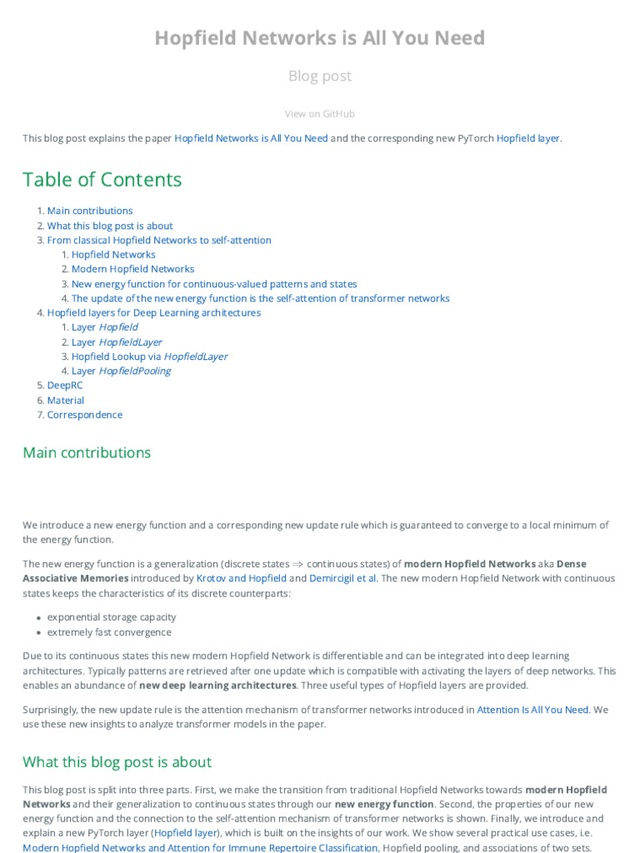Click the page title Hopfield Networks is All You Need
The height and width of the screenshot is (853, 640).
[319, 37]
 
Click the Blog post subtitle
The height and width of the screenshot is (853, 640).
[319, 76]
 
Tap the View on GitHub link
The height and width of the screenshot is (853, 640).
[319, 114]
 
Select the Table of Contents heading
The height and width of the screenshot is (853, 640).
[102, 179]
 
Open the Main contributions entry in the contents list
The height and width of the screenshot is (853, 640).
[89, 211]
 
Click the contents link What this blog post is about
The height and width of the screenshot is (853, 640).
[110, 226]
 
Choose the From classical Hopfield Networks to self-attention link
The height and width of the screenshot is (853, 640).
[158, 240]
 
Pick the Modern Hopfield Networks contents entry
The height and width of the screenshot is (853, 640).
[132, 269]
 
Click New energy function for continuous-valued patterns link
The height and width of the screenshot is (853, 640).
[214, 284]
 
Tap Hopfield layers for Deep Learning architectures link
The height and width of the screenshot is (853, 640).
[153, 313]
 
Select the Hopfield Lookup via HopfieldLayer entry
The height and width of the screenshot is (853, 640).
[149, 357]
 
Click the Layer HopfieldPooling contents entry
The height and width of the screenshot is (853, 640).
[121, 372]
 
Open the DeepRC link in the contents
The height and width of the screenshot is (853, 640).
[65, 386]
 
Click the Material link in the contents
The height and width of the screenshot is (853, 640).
[65, 401]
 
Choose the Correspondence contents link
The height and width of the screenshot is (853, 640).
[84, 415]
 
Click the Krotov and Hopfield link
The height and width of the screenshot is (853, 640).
[241, 578]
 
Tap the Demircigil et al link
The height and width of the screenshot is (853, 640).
[342, 578]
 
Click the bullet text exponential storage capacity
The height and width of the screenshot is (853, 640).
[112, 617]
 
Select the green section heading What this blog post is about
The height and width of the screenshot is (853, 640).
[117, 761]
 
